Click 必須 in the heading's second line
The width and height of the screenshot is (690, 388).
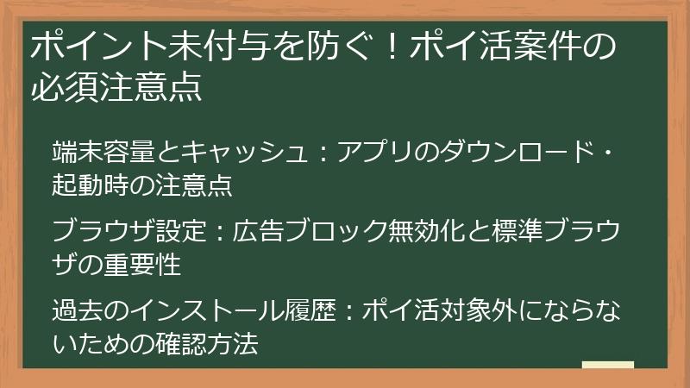tap(60, 87)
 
